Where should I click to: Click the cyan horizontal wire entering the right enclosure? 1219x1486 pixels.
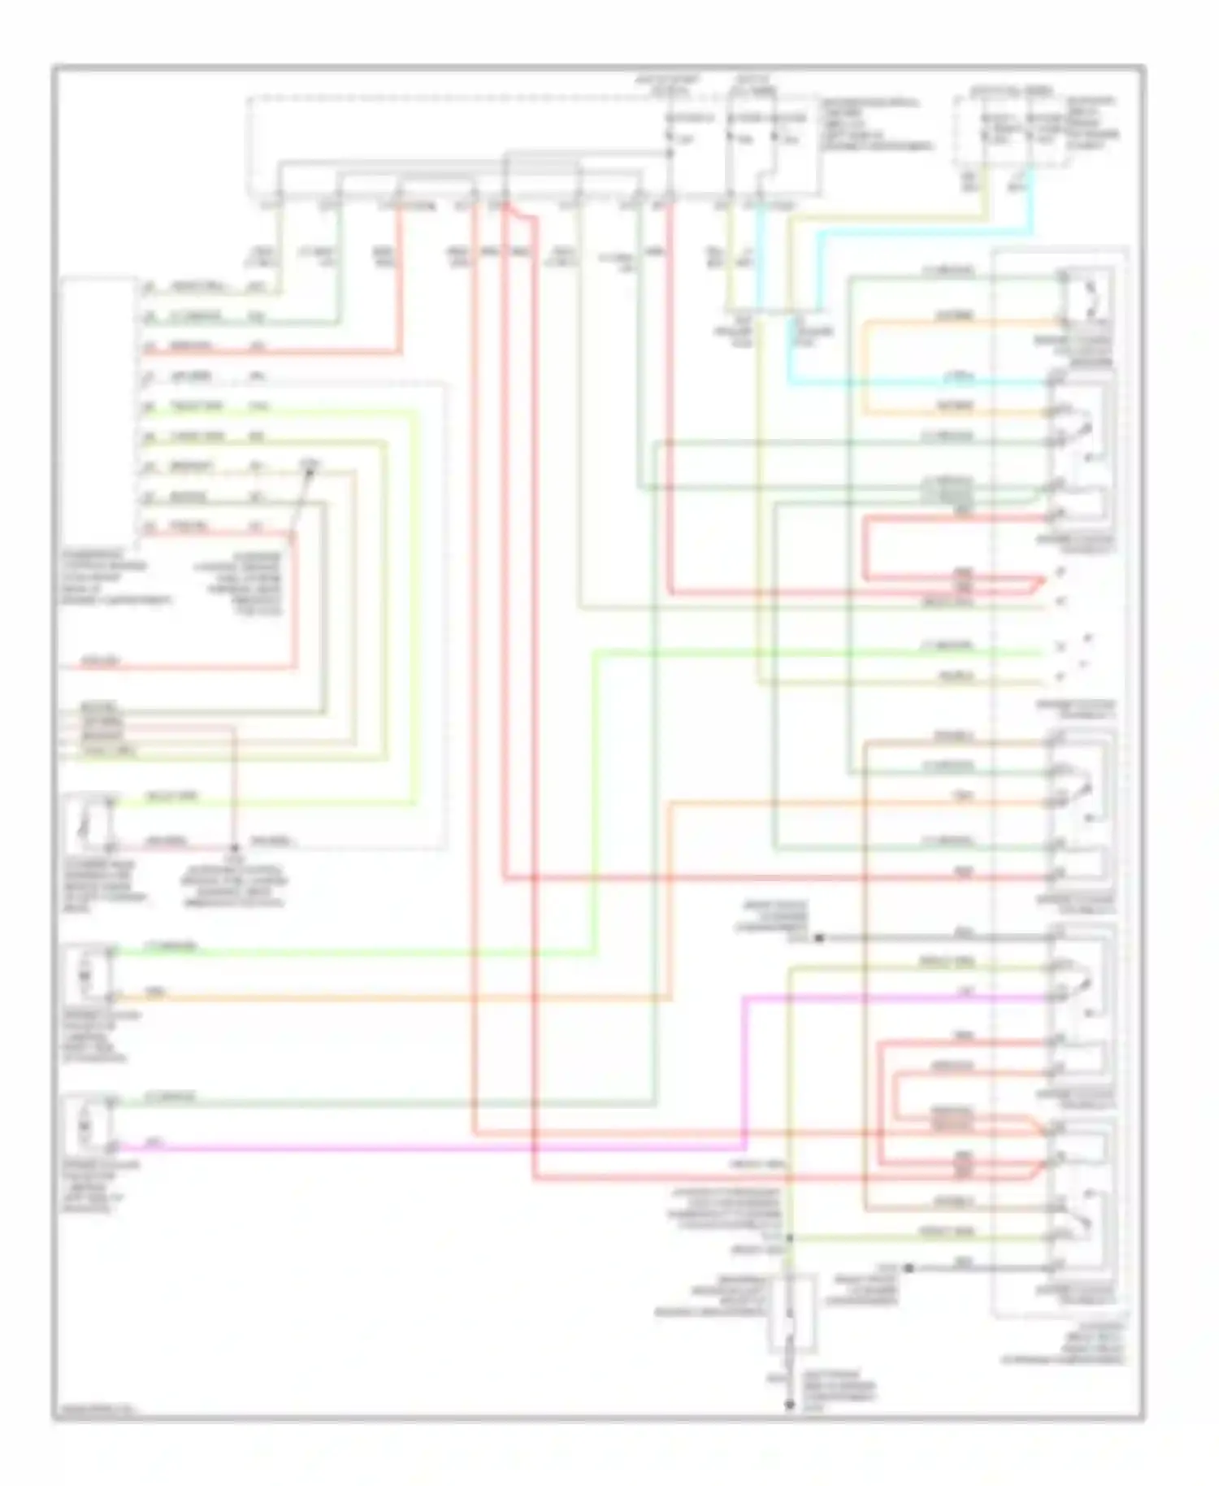[x=918, y=382]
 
